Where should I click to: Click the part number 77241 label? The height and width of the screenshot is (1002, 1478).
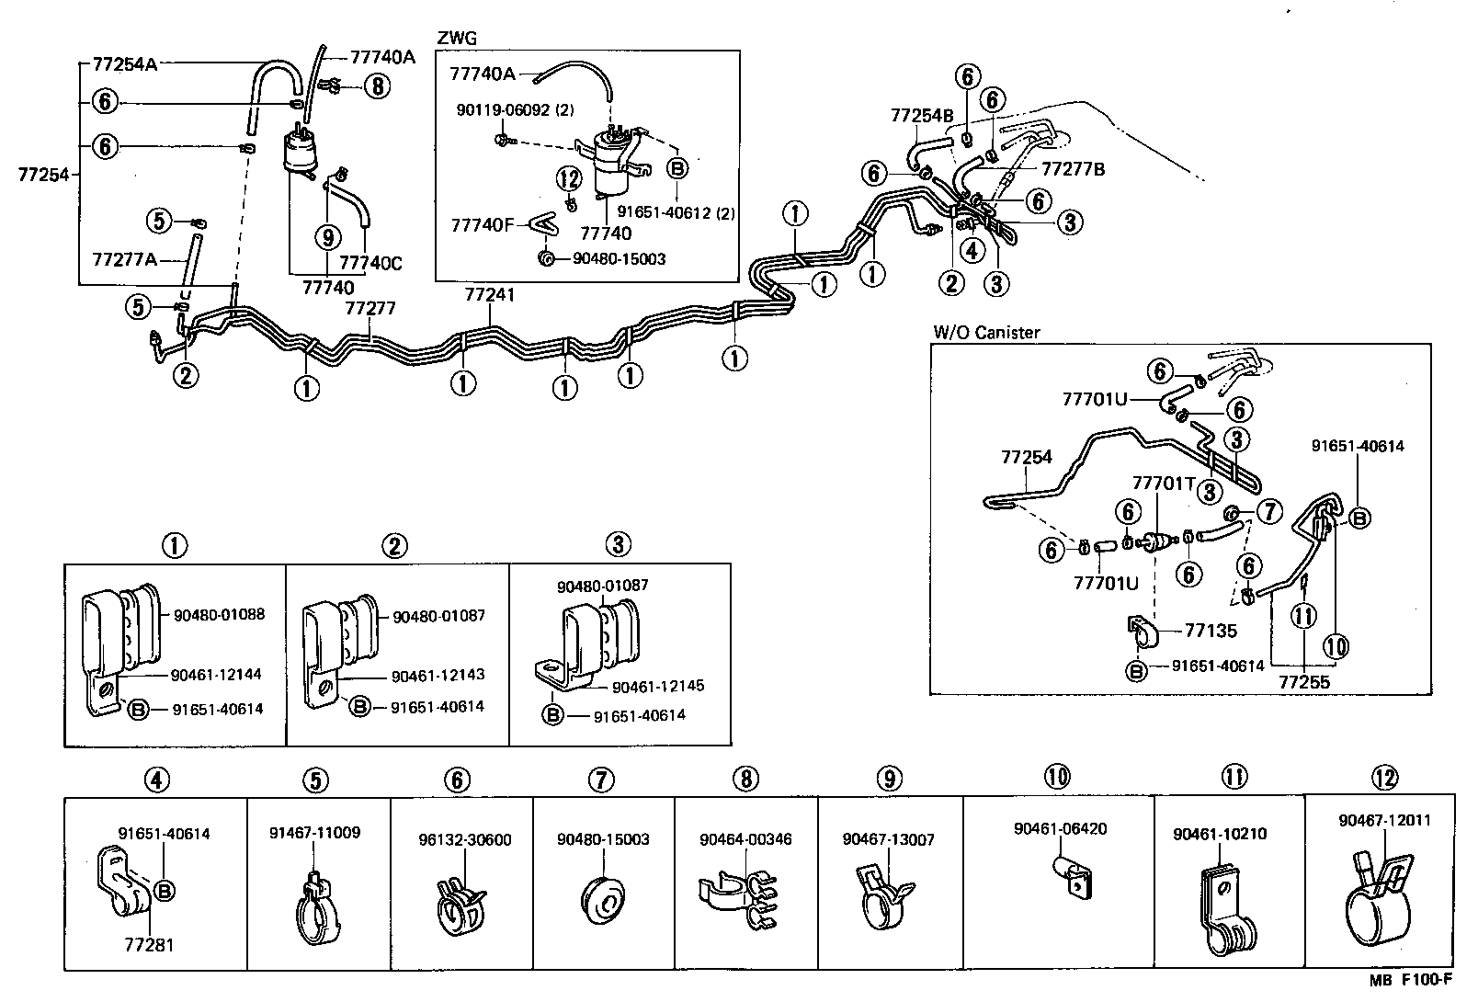click(489, 295)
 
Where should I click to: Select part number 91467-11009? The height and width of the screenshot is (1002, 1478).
click(314, 833)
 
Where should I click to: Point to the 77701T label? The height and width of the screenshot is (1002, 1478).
click(1163, 483)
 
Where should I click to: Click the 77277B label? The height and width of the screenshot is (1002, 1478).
click(1073, 169)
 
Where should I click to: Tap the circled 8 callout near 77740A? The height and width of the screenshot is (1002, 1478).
click(377, 86)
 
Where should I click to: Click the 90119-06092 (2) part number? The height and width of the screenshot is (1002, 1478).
click(515, 109)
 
